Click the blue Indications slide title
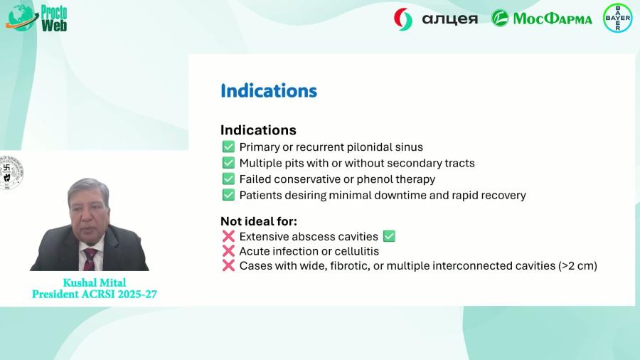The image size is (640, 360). click(268, 91)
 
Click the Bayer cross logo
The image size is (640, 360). click(616, 18)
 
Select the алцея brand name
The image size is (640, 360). click(450, 18)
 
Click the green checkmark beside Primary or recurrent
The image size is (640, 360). click(228, 147)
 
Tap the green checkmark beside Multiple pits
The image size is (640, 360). click(228, 163)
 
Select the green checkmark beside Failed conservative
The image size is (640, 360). click(228, 179)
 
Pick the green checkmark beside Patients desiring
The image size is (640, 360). click(228, 195)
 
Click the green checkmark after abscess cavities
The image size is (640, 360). click(389, 236)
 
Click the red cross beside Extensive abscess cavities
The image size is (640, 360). click(228, 236)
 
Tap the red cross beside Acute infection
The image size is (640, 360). click(228, 251)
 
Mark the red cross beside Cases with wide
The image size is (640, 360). click(228, 266)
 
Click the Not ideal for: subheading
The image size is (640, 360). click(259, 221)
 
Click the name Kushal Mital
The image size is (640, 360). click(94, 282)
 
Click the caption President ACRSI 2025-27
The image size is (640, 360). click(94, 293)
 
